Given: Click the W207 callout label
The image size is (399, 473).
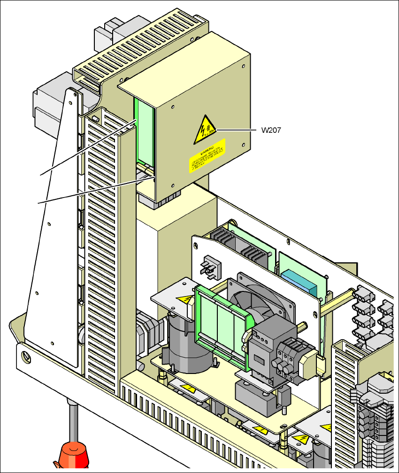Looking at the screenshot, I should point(271,130).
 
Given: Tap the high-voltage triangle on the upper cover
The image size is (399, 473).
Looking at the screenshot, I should point(205,130).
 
